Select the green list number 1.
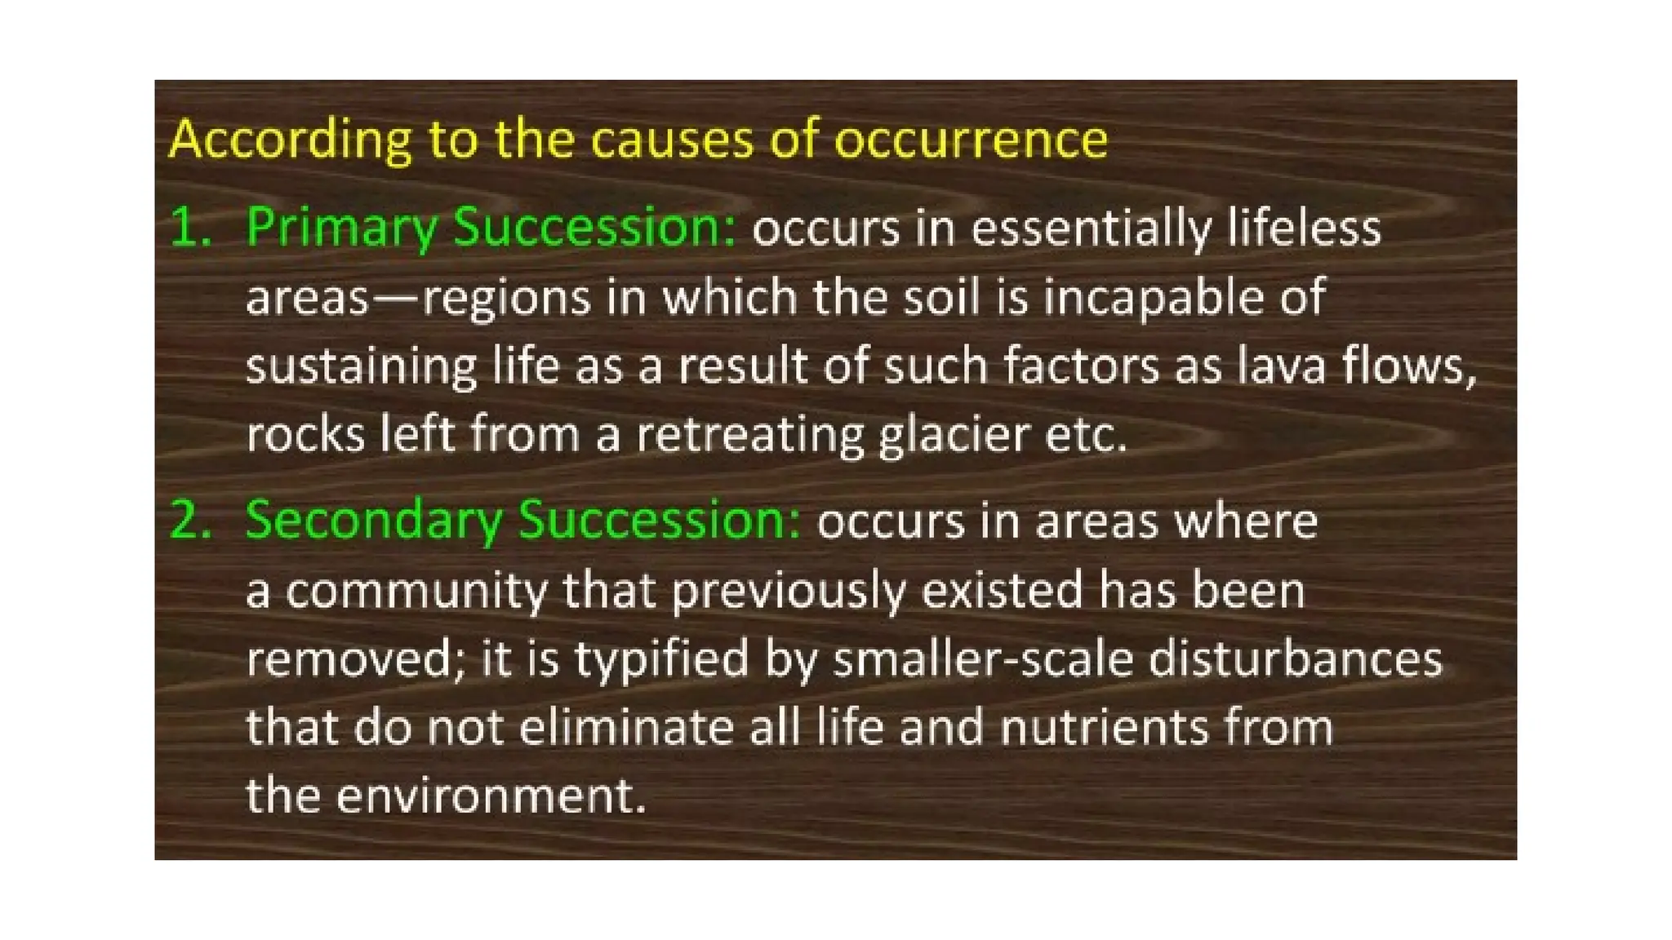pos(189,228)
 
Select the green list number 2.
pos(189,521)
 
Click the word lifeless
pos(1304,228)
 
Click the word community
pos(416,591)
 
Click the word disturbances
pos(1296,659)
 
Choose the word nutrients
pos(1103,728)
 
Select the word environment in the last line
pos(491,796)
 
